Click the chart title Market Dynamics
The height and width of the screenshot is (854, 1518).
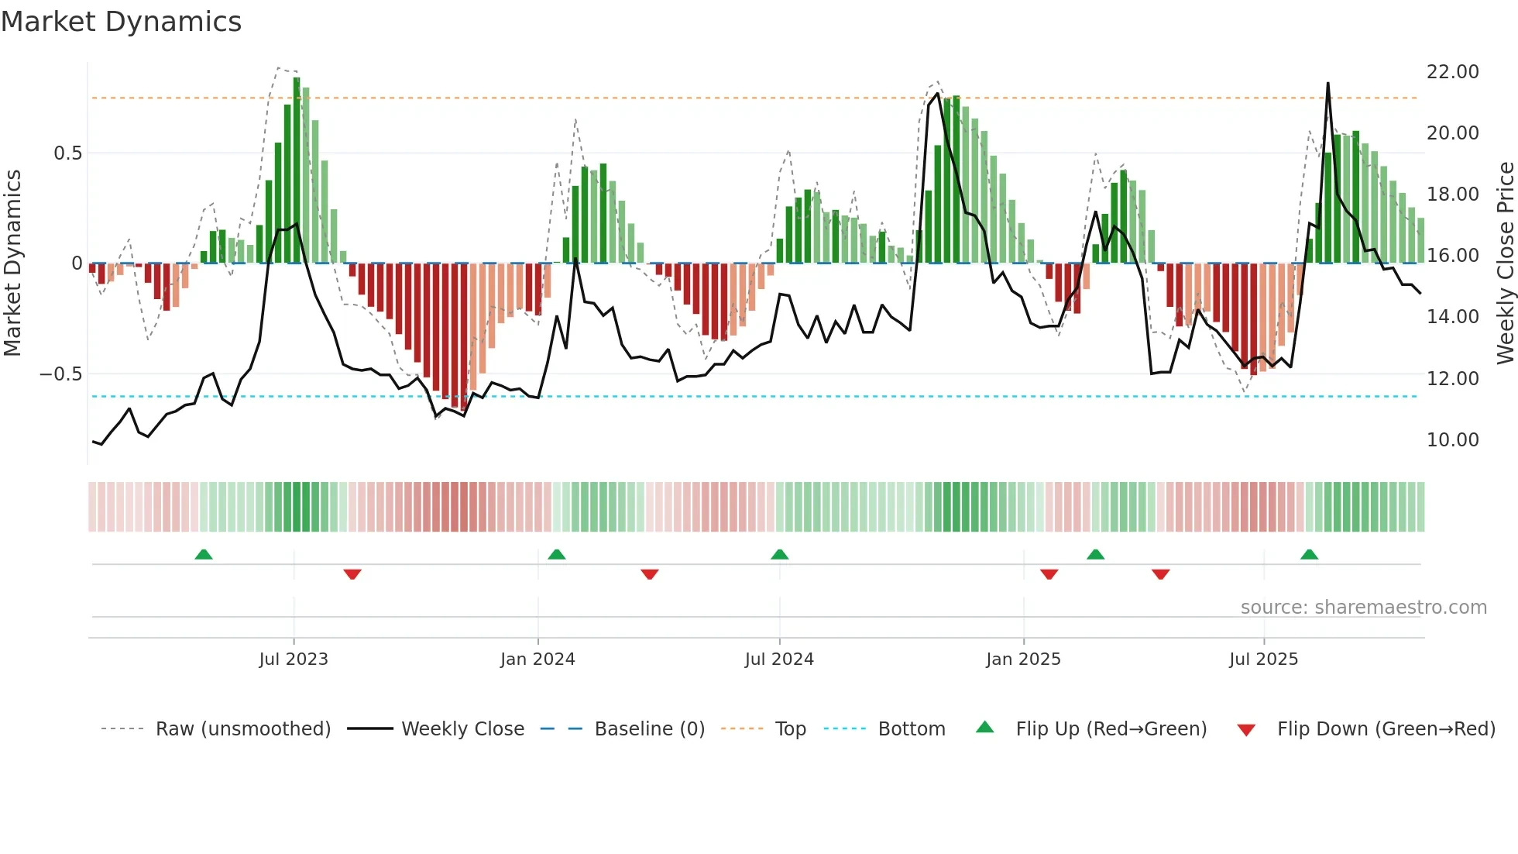pos(122,22)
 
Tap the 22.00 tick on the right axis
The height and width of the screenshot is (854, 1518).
pos(1452,71)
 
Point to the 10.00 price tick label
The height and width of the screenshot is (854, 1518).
pos(1452,439)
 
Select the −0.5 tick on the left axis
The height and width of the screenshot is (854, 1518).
pos(60,374)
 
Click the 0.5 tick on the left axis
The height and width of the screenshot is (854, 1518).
pos(67,153)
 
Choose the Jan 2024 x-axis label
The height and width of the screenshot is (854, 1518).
pos(537,659)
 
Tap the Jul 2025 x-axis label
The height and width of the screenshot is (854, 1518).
pos(1263,659)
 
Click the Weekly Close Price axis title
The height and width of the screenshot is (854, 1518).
pos(1505,263)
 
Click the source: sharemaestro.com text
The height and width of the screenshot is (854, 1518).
pos(1363,607)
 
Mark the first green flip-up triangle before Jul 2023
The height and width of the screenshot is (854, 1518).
pos(204,555)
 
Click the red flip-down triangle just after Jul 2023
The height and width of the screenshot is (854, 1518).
pos(352,574)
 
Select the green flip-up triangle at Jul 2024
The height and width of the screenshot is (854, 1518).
pos(780,555)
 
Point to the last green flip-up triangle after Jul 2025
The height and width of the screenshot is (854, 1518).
pos(1309,555)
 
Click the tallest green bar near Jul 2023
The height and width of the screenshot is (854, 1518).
pos(297,170)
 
